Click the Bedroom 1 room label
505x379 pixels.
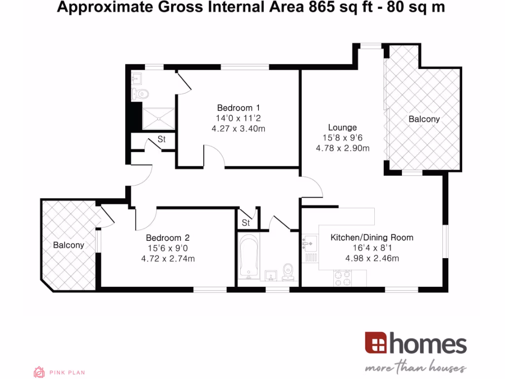coord(238,108)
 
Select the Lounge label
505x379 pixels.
coord(343,127)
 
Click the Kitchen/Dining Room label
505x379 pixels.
coord(372,237)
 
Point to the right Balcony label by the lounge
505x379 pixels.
coord(424,119)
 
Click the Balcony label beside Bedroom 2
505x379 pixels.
coord(69,245)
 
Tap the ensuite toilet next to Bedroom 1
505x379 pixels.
coord(142,94)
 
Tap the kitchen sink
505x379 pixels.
coord(310,243)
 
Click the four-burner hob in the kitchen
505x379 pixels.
coord(342,278)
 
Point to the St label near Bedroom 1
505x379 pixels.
coord(161,140)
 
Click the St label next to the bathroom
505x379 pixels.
coord(246,223)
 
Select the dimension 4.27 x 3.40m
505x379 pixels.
coord(238,128)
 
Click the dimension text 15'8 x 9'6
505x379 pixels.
coord(343,138)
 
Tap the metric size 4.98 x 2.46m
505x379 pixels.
coord(372,258)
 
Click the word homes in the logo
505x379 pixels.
coord(427,344)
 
